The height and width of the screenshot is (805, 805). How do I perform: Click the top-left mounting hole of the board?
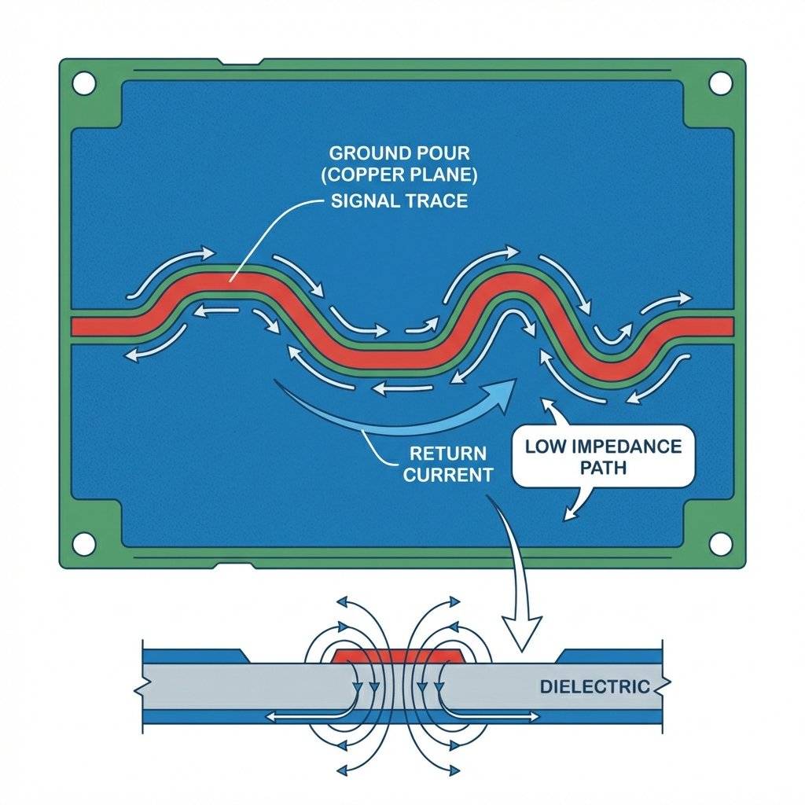click(84, 82)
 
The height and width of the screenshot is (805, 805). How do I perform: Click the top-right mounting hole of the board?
click(719, 82)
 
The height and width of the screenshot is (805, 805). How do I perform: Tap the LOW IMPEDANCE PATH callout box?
click(603, 457)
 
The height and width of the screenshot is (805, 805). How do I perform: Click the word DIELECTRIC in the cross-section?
click(594, 686)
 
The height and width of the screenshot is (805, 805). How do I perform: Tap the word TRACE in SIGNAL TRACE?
click(437, 200)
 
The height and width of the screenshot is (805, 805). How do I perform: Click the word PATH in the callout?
click(604, 468)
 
